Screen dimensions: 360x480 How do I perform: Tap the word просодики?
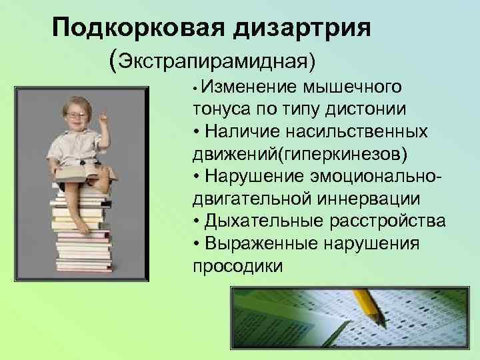(x=237, y=266)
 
